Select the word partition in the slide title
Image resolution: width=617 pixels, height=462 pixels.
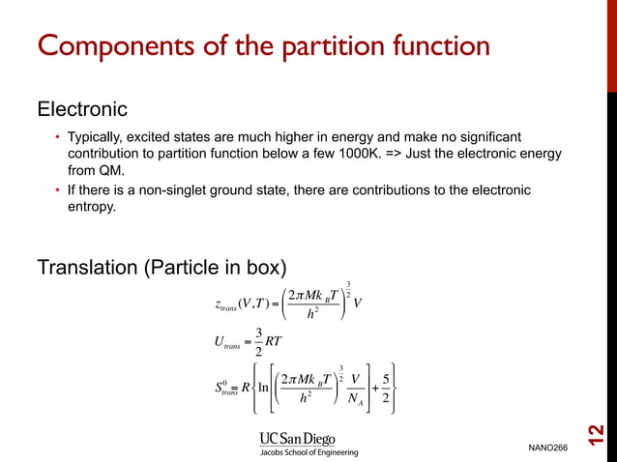[x=311, y=45]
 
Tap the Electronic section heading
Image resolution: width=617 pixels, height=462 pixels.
[x=81, y=109]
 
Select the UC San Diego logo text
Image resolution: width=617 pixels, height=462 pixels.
[x=296, y=438]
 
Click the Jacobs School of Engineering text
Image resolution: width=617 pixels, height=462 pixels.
[x=308, y=452]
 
